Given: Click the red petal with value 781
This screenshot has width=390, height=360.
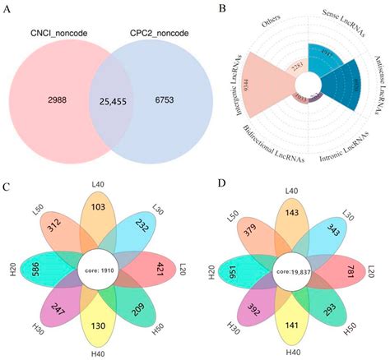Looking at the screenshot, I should click(x=350, y=270).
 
